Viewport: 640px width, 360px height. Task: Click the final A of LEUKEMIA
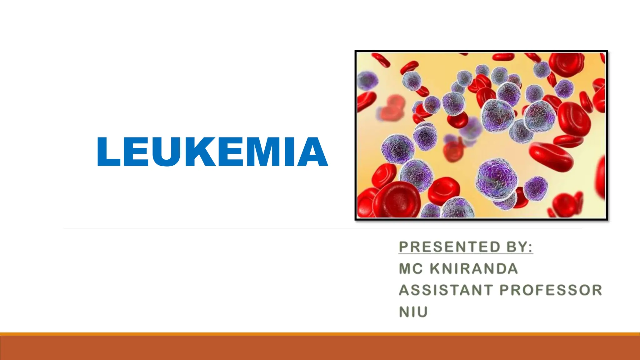[312, 152]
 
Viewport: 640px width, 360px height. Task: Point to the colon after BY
[530, 247]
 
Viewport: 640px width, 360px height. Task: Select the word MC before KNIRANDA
[411, 269]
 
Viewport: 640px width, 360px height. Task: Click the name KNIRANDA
[474, 269]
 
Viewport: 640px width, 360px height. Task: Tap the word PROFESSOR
[551, 290]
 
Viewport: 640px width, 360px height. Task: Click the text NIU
[413, 312]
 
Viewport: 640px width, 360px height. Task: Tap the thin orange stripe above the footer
[320, 334]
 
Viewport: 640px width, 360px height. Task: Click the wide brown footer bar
[320, 348]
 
